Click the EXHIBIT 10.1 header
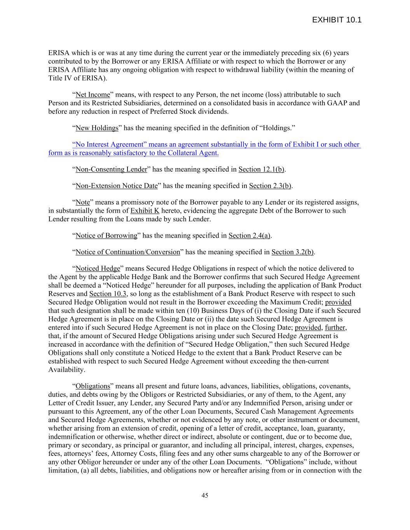point(337,20)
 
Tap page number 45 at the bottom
point(205,495)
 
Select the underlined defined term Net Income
point(92,95)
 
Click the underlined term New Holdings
point(97,128)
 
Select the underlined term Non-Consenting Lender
point(111,169)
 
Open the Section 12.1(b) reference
point(261,169)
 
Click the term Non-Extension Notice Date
point(117,186)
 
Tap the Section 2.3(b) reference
point(270,186)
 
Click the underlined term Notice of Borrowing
point(106,236)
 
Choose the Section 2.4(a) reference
point(249,236)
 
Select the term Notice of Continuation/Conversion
point(127,252)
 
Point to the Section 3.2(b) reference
point(293,252)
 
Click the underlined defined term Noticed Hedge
point(98,269)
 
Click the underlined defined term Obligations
point(93,386)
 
